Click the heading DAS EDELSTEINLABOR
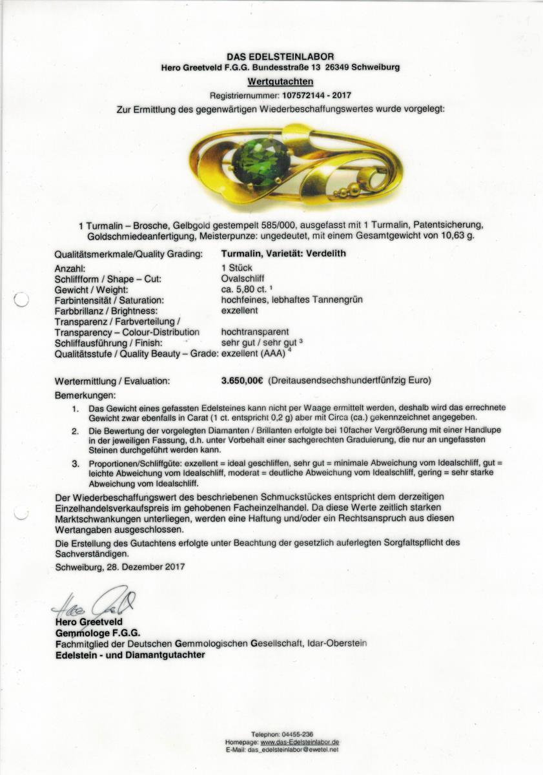[280, 57]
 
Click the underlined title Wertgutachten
[280, 81]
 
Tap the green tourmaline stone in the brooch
[260, 161]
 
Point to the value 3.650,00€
[241, 381]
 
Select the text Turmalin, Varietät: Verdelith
[283, 253]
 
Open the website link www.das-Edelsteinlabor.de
[300, 743]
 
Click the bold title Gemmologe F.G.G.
[97, 633]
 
